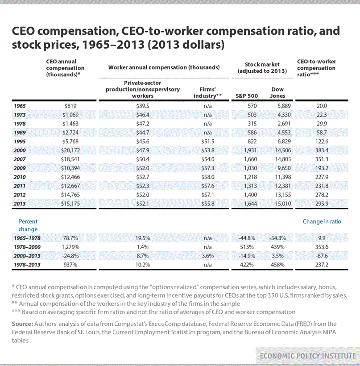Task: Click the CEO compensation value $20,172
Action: pos(70,150)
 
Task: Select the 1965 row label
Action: pos(20,106)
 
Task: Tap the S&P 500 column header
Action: pos(247,96)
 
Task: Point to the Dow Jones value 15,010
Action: pos(283,204)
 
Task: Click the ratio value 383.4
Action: pos(322,150)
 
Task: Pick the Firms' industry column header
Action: pos(207,93)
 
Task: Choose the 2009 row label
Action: pos(20,168)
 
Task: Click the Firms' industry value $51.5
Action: pos(207,141)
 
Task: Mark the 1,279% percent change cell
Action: pos(70,247)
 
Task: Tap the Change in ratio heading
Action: pos(322,221)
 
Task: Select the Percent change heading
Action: pos(28,225)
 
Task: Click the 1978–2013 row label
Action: pos(27,265)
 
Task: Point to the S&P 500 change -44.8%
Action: pos(247,238)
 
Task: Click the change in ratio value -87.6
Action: pos(322,256)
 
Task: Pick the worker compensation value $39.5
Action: pos(143,106)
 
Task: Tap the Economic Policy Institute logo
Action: pos(308,356)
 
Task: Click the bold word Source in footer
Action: pos(23,324)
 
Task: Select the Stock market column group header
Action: pos(262,68)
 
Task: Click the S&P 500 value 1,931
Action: pos(250,150)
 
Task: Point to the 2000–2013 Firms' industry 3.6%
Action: pos(207,256)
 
